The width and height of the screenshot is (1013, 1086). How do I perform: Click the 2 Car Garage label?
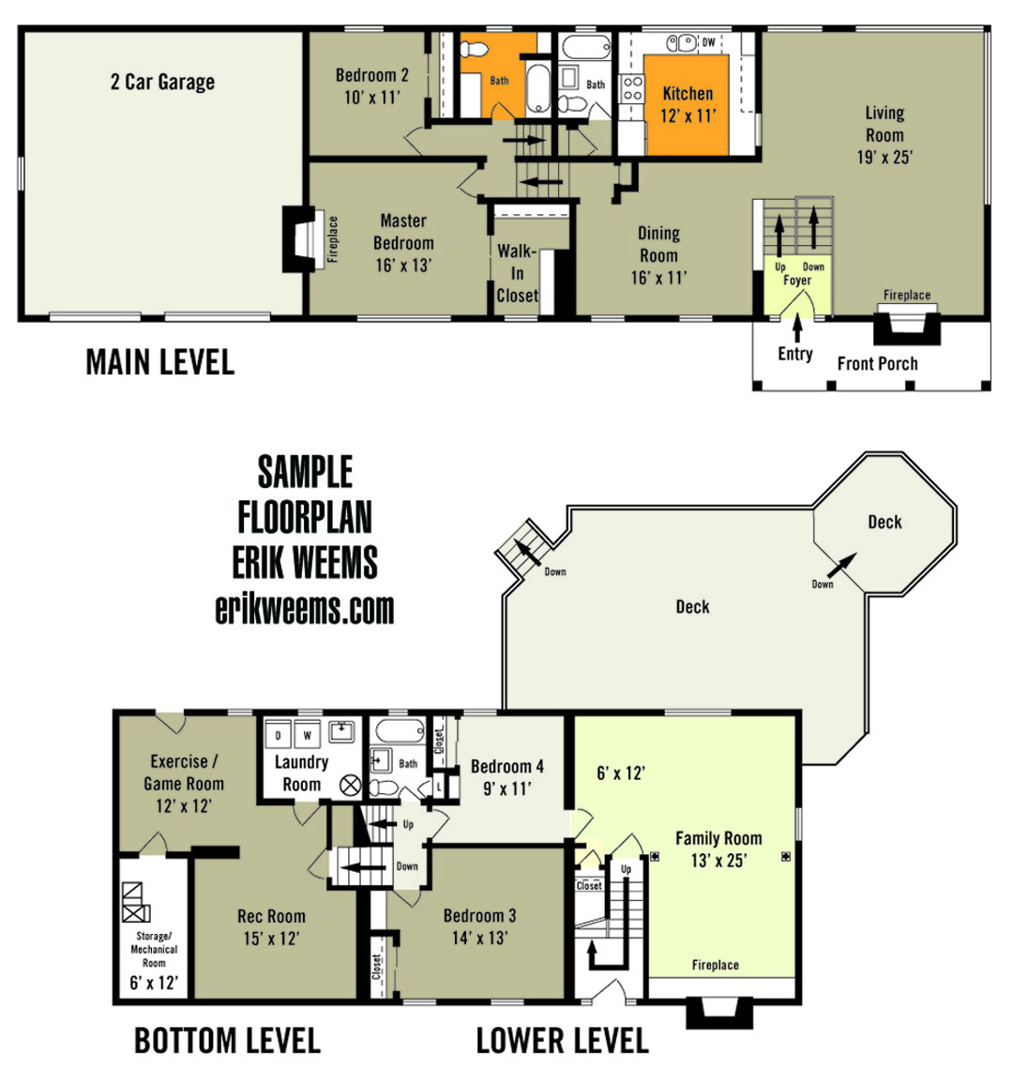162,83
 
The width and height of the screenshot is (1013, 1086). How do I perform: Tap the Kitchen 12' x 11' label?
688,104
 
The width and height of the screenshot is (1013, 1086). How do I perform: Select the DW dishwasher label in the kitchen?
708,42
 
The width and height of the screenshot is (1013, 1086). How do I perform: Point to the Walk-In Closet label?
517,273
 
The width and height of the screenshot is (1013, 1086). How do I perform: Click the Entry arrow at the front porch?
796,329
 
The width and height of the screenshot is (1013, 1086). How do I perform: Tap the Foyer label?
796,281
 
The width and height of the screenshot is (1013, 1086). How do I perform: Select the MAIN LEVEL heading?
159,362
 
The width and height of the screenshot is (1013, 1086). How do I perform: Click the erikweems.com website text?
305,609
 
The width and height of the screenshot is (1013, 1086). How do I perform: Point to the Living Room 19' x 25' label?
884,135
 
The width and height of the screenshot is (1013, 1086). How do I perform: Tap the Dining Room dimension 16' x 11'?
658,278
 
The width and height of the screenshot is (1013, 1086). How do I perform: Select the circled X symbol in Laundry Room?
349,786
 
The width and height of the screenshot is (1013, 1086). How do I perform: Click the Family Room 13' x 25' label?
718,849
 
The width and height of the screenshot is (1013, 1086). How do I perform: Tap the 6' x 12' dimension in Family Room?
620,773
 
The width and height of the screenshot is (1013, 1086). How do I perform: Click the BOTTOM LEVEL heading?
227,1040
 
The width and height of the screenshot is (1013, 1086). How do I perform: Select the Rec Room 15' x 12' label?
271,926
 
